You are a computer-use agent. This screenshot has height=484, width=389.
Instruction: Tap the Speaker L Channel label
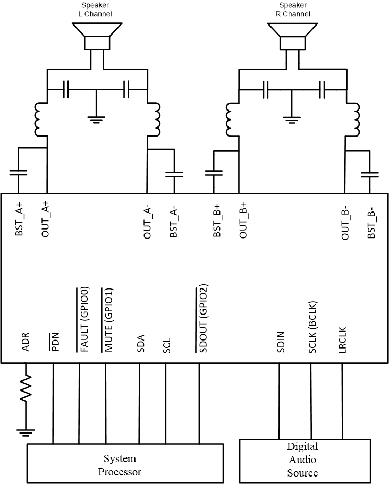point(99,10)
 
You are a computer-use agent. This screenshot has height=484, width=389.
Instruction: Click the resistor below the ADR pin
point(26,390)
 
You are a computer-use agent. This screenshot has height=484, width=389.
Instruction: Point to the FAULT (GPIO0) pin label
point(83,319)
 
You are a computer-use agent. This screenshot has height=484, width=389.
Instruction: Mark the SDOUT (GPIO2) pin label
point(202,319)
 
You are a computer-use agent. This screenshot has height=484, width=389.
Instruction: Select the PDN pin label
point(54,343)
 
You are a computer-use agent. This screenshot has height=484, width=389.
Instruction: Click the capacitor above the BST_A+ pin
point(18,173)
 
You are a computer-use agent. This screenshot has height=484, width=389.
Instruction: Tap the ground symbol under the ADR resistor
point(26,431)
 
